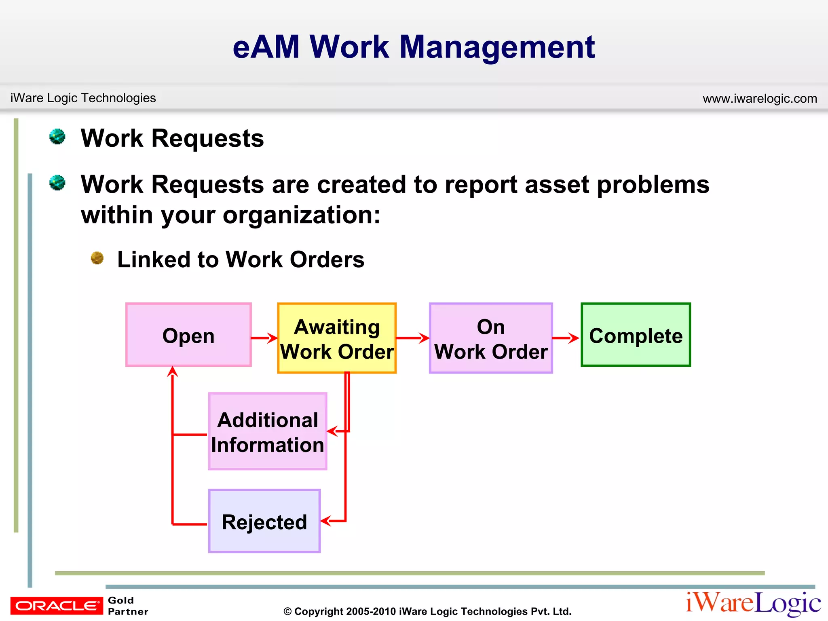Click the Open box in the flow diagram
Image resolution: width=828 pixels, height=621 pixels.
click(188, 335)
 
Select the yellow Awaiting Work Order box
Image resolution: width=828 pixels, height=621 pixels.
click(336, 338)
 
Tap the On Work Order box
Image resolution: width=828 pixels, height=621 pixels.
click(490, 338)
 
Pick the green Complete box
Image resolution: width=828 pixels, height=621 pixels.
click(636, 335)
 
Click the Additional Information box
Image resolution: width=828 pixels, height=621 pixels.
click(267, 431)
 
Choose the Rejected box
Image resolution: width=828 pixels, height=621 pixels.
click(264, 521)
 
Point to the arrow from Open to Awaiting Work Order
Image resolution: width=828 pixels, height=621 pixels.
click(264, 338)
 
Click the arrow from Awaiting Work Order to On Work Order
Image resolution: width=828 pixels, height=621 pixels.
click(412, 338)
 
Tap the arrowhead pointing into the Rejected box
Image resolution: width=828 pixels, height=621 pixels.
click(326, 521)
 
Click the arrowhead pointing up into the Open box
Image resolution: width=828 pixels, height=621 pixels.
click(173, 371)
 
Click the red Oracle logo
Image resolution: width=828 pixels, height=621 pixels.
click(57, 605)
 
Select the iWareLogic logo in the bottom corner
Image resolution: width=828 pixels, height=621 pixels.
click(753, 603)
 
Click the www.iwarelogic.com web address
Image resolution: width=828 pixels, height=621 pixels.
click(760, 98)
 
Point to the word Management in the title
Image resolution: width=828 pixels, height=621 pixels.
click(497, 47)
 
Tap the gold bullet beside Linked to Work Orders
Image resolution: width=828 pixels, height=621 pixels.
click(97, 258)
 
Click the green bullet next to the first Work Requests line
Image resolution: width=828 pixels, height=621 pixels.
click(57, 137)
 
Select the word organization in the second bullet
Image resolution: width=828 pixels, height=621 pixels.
click(301, 215)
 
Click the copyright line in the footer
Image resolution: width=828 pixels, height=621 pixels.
click(427, 611)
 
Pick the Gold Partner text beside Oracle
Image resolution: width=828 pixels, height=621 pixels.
click(127, 606)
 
